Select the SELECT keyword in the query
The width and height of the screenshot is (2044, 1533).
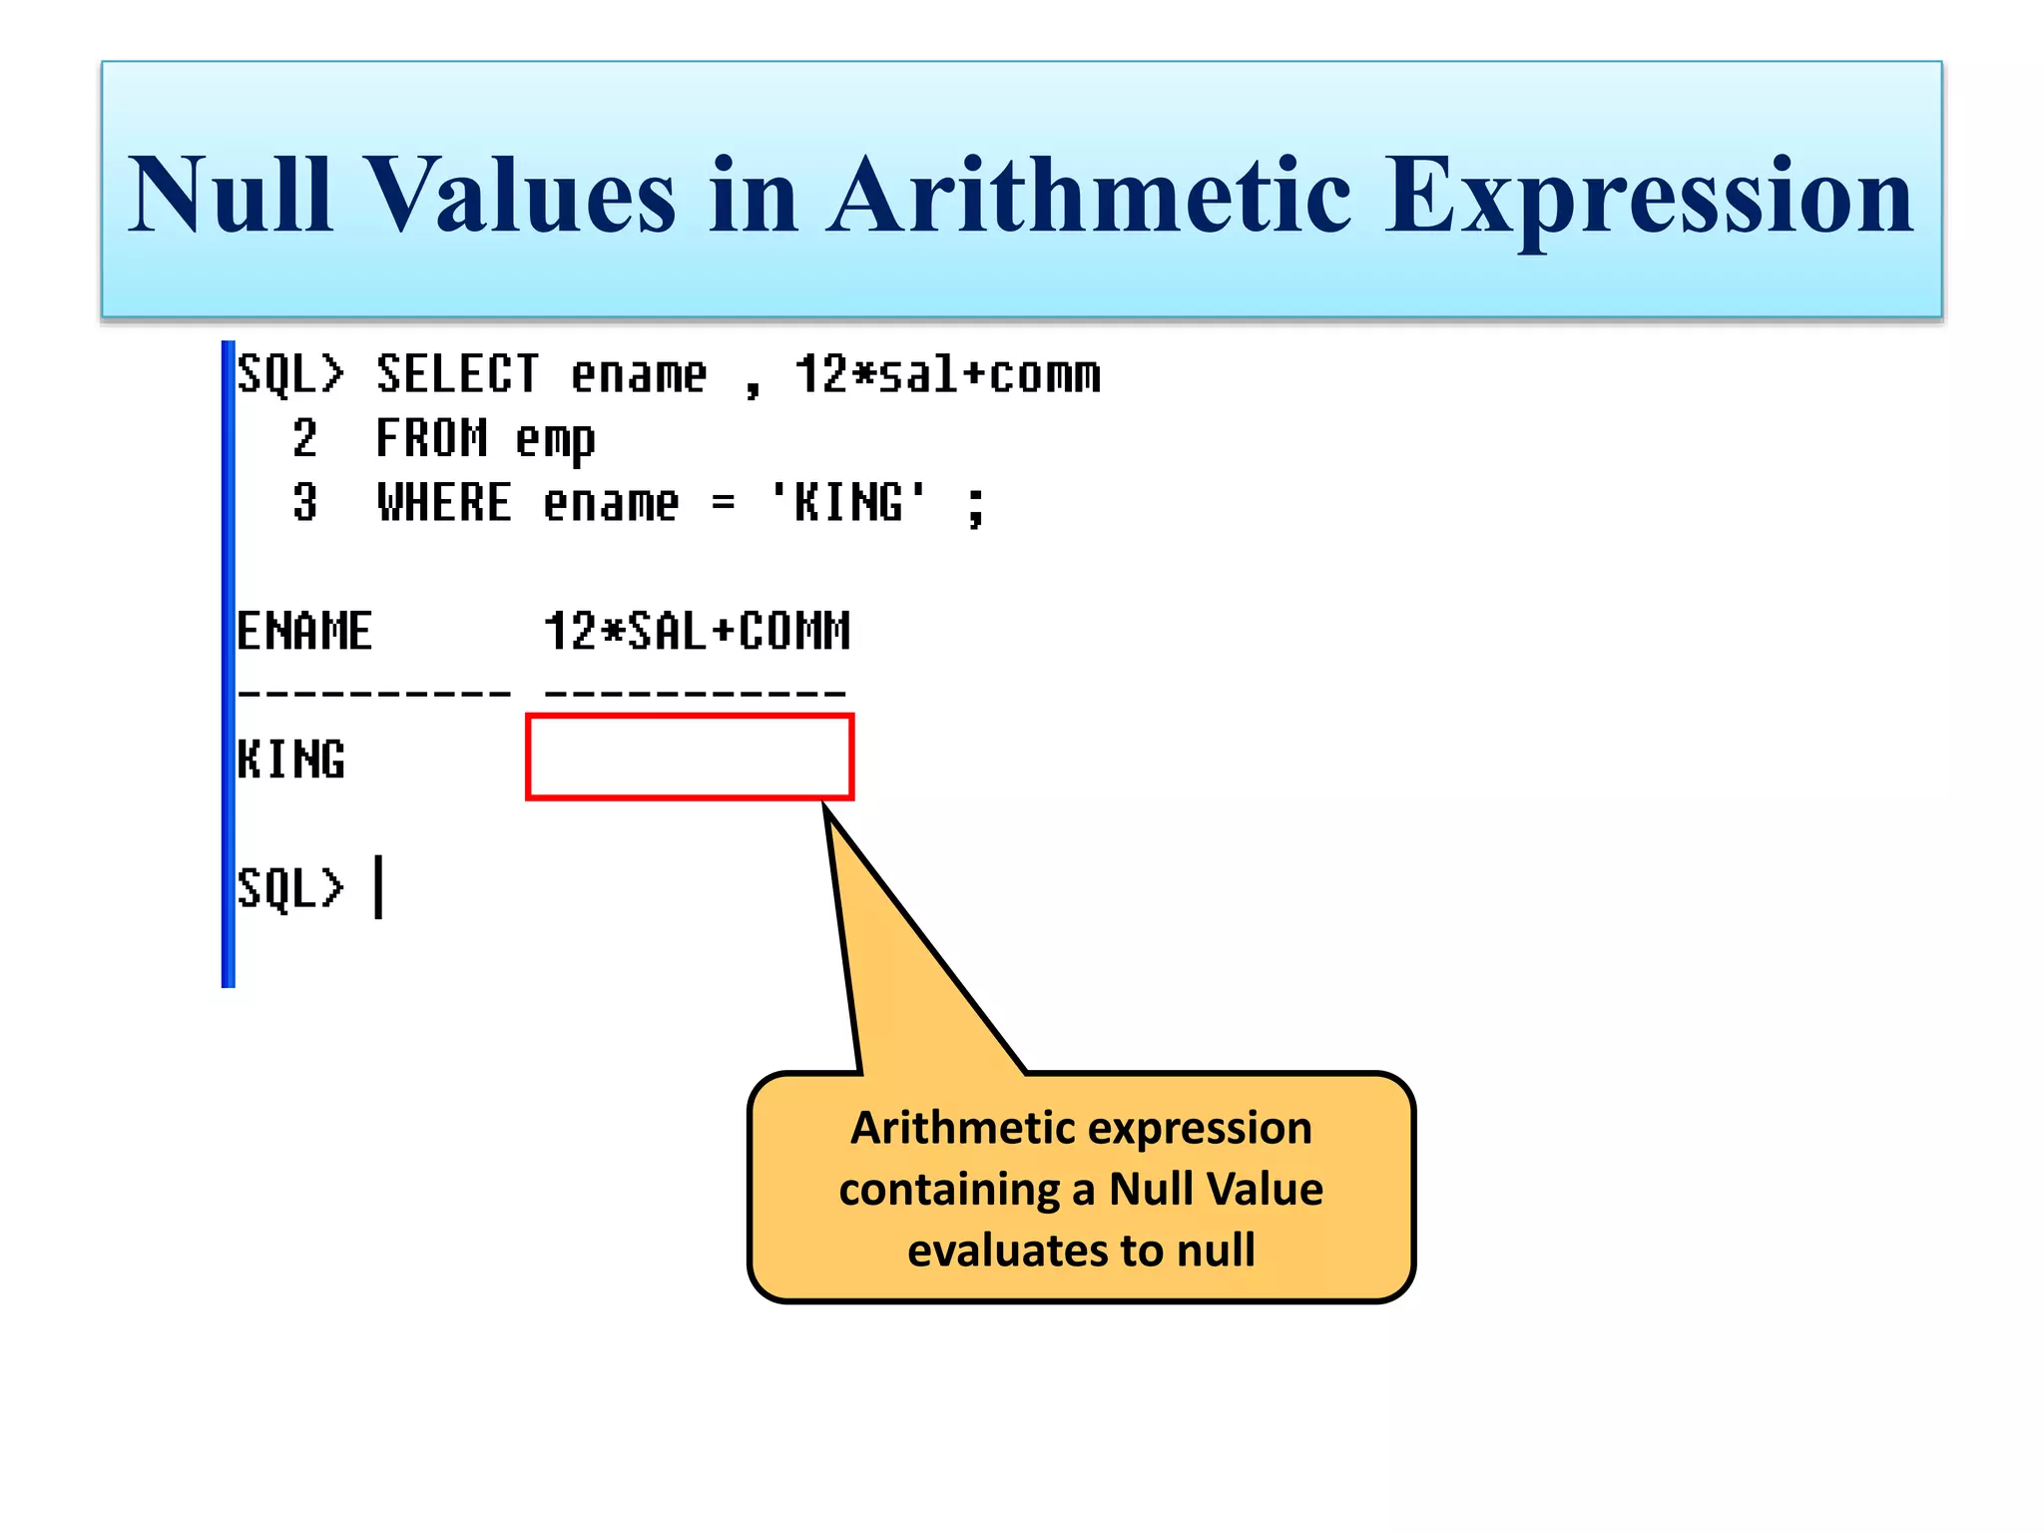tap(457, 375)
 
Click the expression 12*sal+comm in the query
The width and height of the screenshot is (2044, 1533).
tap(946, 375)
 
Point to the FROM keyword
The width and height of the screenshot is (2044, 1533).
tap(431, 439)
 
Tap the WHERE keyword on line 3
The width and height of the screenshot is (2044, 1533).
tap(444, 503)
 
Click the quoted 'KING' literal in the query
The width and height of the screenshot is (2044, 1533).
tap(848, 502)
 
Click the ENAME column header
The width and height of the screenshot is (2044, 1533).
tap(304, 632)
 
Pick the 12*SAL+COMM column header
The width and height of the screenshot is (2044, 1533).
tap(697, 632)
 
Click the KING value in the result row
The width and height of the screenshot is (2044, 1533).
tap(291, 760)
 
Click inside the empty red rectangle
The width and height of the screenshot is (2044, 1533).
tap(689, 757)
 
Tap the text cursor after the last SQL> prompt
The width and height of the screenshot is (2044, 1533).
tap(378, 886)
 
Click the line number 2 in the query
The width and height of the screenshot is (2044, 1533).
tap(304, 439)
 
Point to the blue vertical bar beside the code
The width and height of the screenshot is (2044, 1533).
tap(228, 664)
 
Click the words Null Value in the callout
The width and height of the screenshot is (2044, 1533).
tap(1216, 1189)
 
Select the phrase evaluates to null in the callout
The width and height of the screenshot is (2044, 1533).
tap(1081, 1251)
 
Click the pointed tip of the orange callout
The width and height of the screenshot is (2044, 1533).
tap(827, 810)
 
